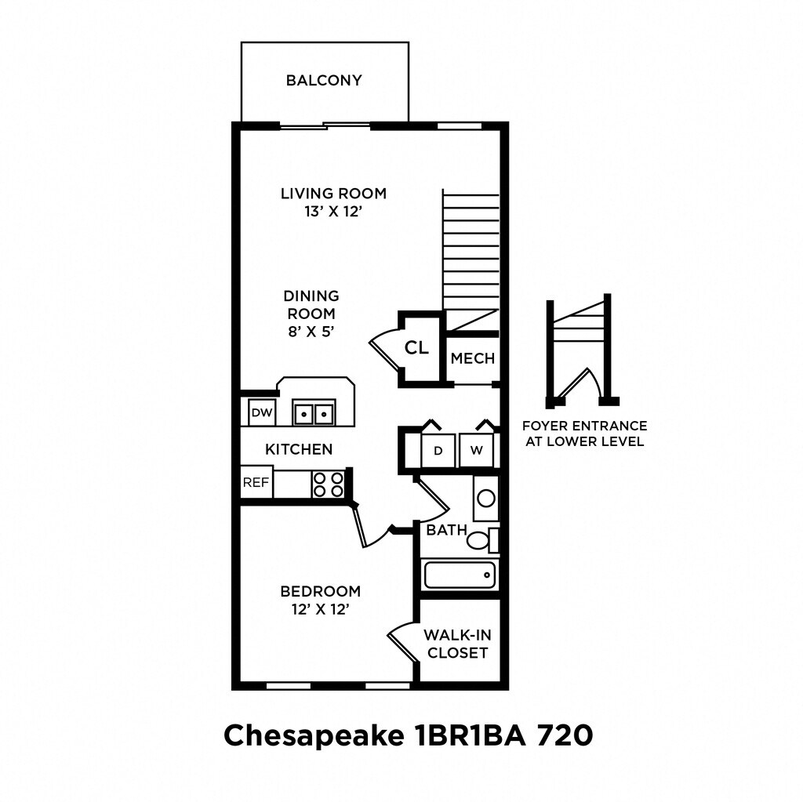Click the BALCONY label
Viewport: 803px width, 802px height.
[x=324, y=81]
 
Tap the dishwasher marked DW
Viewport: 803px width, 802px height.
[x=262, y=412]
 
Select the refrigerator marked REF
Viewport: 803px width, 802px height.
[x=256, y=482]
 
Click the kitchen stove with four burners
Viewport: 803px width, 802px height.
[x=329, y=484]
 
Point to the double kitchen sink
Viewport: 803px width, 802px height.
[x=314, y=412]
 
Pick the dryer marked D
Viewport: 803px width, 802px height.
[x=438, y=450]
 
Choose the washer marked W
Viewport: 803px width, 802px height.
[x=476, y=450]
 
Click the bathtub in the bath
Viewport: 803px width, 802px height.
[x=460, y=575]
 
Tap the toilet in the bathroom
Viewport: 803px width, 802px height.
[x=482, y=541]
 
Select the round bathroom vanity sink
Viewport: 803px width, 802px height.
[x=486, y=498]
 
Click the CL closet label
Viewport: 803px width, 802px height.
[x=416, y=348]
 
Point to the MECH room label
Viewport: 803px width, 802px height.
[x=473, y=358]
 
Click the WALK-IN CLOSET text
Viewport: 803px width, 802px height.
[x=457, y=644]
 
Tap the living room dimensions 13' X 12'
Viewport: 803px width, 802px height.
[x=333, y=212]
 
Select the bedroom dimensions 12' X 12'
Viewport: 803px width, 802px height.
[x=321, y=609]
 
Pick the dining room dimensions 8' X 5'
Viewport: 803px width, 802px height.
[x=311, y=332]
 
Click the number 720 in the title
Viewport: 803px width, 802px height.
[x=565, y=735]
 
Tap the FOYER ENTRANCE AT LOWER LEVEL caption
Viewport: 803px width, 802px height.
[x=585, y=434]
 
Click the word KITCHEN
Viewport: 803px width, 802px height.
[x=299, y=449]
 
